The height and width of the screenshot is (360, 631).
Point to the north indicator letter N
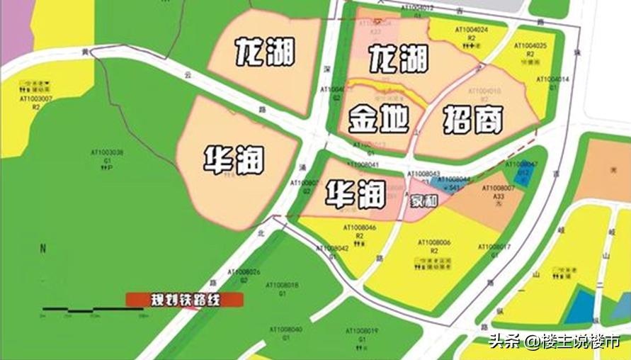42,249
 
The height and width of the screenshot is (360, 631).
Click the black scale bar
93,310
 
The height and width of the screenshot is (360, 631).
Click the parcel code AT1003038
107,152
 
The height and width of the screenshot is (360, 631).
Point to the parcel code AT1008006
434,242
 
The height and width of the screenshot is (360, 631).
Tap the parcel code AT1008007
497,188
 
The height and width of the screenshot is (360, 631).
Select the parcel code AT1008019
362,331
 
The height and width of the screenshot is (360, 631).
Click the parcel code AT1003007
35,99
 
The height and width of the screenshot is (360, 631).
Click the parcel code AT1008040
286,330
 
